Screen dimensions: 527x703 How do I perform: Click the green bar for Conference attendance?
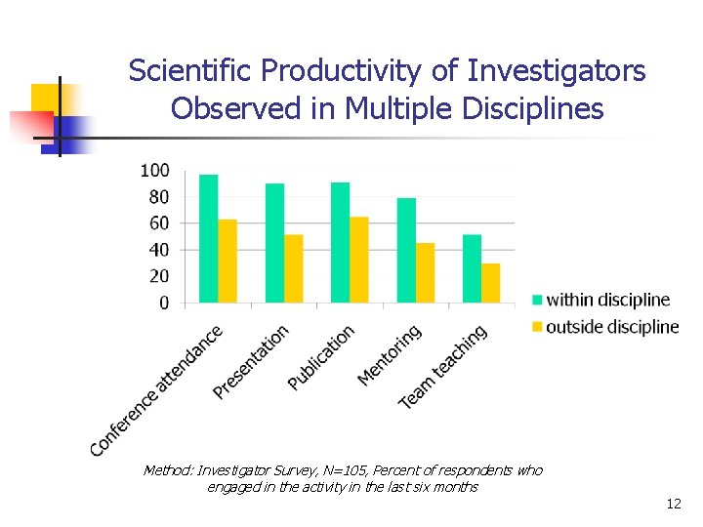pyautogui.click(x=208, y=239)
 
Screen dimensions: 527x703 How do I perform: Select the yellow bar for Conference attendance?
pyautogui.click(x=227, y=262)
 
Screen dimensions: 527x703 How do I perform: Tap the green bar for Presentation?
pyautogui.click(x=274, y=243)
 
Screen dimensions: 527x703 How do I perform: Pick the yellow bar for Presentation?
pyautogui.click(x=294, y=269)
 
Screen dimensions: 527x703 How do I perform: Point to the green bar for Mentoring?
pyautogui.click(x=406, y=251)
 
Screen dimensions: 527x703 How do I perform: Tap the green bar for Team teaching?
pyautogui.click(x=472, y=269)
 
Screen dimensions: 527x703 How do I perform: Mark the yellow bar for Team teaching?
pyautogui.click(x=491, y=283)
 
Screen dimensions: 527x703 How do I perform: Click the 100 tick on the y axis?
pyautogui.click(x=154, y=171)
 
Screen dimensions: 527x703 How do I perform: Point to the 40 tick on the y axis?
pyautogui.click(x=157, y=250)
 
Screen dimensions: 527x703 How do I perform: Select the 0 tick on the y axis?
pyautogui.click(x=163, y=304)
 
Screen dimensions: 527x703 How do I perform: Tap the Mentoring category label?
pyautogui.click(x=390, y=354)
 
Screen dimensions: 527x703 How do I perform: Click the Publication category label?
pyautogui.click(x=321, y=358)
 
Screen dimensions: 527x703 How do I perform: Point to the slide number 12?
pyautogui.click(x=673, y=504)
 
